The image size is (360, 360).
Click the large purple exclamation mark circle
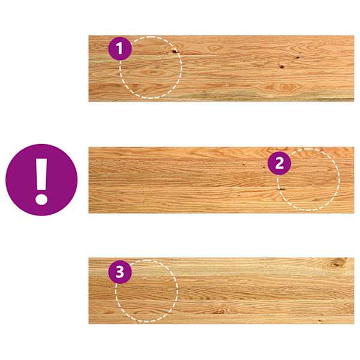pos(41,180)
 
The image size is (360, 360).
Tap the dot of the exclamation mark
pos(41,199)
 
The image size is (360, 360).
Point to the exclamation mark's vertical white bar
pos(41,174)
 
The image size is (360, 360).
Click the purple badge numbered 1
pos(120,49)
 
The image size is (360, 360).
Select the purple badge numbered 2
pos(279,163)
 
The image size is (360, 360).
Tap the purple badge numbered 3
pos(120,272)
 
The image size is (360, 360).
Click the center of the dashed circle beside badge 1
pos(151,67)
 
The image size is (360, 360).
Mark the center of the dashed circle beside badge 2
pos(308,179)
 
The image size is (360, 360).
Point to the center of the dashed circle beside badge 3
pos(146,290)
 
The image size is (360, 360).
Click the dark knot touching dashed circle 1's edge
pos(175,51)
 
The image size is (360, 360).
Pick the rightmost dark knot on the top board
pos(298,57)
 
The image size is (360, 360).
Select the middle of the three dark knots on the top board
pos(282,67)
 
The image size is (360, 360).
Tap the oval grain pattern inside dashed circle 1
pos(154,73)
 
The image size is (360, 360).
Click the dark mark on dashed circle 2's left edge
pos(281,189)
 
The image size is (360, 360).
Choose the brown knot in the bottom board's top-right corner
pos(339,262)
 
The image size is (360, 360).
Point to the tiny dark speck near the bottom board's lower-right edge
pos(319,320)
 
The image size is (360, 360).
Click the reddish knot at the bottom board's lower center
pos(220,311)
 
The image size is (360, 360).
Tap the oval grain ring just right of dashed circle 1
pos(214,48)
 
